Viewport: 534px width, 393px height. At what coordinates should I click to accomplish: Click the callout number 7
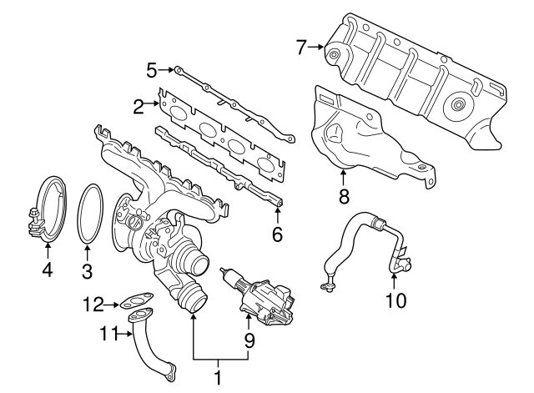[x=301, y=47]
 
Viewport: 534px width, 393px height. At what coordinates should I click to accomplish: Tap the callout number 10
[x=395, y=300]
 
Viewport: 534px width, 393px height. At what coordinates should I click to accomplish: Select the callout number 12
[x=93, y=305]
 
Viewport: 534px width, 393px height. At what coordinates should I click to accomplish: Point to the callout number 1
[x=218, y=378]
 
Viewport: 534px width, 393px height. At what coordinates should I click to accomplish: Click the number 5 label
[x=152, y=71]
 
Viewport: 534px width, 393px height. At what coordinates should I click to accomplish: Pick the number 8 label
[x=344, y=196]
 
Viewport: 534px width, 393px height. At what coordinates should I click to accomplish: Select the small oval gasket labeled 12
[x=136, y=300]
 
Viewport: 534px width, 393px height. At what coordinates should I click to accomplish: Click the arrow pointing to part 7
[x=315, y=47]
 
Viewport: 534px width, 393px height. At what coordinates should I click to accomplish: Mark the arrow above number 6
[x=278, y=214]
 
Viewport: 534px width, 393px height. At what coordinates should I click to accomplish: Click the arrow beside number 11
[x=124, y=335]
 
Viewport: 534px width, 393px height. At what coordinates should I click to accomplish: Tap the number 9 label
[x=249, y=340]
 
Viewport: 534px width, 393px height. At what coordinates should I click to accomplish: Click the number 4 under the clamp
[x=48, y=270]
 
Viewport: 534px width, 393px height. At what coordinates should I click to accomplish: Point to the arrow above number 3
[x=88, y=253]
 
